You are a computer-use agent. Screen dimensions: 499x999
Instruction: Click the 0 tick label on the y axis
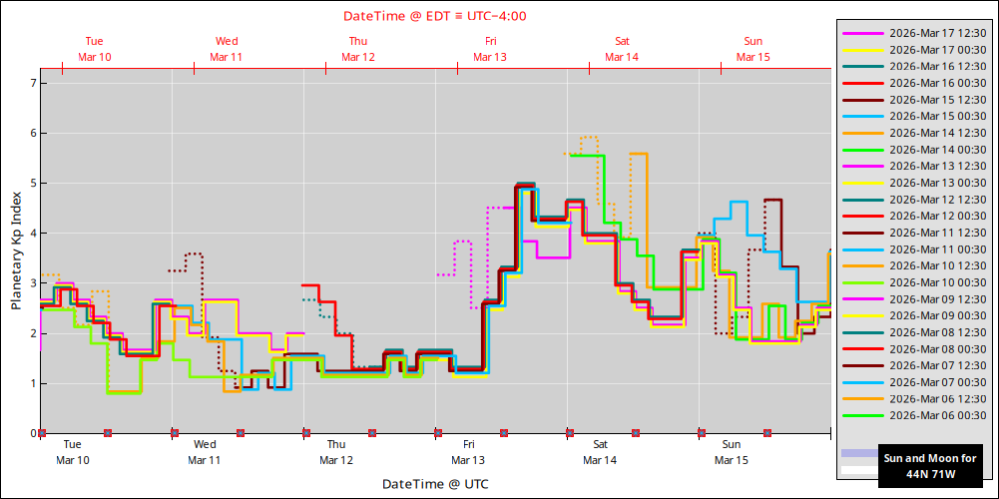click(x=32, y=434)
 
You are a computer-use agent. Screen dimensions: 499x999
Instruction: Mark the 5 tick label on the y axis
click(x=32, y=184)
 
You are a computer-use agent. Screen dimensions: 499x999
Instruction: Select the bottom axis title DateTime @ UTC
click(x=435, y=484)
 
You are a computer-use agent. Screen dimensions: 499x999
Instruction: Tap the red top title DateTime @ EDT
click(x=435, y=16)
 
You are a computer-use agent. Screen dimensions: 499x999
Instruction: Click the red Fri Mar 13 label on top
click(x=490, y=49)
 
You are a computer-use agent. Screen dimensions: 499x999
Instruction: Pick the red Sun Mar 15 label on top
click(x=753, y=49)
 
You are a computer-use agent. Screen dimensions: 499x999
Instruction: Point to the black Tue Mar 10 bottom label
click(x=72, y=452)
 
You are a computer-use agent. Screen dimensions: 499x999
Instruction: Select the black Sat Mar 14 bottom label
click(x=600, y=452)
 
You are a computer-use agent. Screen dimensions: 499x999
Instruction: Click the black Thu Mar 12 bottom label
click(x=336, y=452)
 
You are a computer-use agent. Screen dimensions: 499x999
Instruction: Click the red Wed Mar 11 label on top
click(x=227, y=49)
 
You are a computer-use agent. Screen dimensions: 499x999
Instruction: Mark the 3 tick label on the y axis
click(x=32, y=283)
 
